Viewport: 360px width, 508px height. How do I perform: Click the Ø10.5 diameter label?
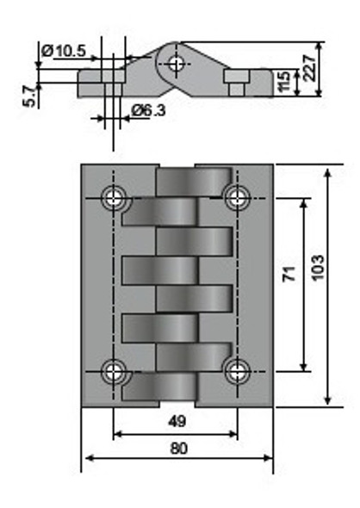click(x=63, y=52)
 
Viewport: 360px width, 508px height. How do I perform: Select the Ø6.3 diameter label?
click(x=150, y=109)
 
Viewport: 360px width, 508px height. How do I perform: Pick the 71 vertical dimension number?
click(x=289, y=274)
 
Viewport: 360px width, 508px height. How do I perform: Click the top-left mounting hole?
click(x=114, y=198)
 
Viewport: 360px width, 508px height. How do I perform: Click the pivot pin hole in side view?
click(x=177, y=63)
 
